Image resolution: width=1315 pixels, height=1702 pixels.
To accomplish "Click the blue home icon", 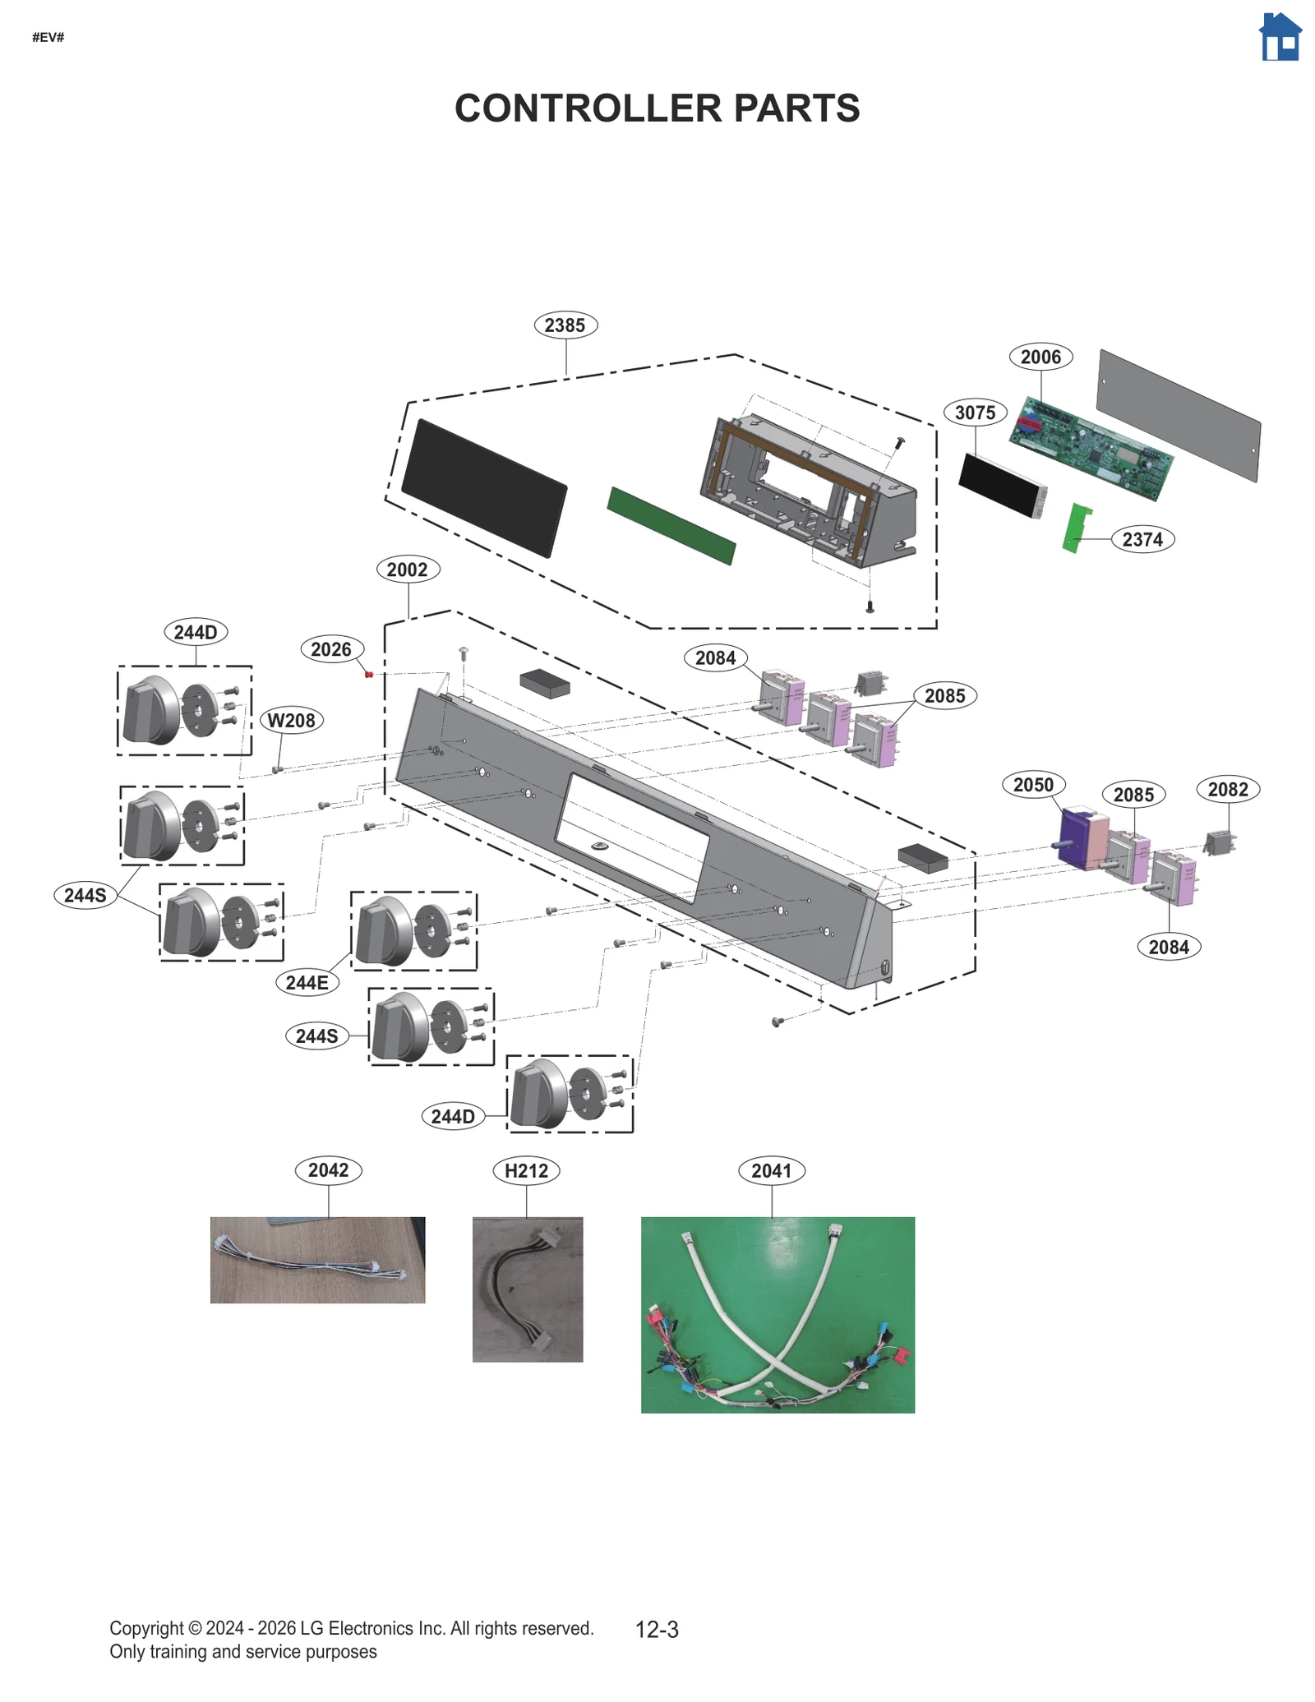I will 1280,37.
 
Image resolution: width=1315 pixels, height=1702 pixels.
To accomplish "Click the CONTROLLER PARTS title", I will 657,108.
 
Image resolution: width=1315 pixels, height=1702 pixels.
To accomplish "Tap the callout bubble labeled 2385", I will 565,325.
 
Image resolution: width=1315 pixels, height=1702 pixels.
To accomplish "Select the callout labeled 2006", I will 1040,357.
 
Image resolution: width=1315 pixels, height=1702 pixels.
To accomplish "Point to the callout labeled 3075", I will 975,413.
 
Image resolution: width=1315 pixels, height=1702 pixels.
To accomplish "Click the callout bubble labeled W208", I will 291,721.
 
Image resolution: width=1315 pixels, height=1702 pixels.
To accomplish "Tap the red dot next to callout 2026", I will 369,675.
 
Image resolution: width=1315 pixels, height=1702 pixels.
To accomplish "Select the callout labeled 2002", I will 407,570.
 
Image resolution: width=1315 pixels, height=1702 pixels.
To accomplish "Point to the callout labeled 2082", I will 1227,790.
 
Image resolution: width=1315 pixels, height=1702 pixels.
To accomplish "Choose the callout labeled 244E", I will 307,982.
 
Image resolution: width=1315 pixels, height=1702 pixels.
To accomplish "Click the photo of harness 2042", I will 317,1260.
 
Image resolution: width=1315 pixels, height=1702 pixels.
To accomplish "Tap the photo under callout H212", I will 527,1289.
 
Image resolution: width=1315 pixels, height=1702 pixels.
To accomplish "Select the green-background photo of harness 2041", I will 777,1315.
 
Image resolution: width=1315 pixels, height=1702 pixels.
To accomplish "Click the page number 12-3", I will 656,1630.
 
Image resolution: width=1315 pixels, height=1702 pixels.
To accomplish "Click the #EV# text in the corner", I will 48,38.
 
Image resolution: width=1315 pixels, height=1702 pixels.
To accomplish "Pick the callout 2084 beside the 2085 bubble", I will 715,658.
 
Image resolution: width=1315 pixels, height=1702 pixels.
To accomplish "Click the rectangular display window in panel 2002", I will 632,838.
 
